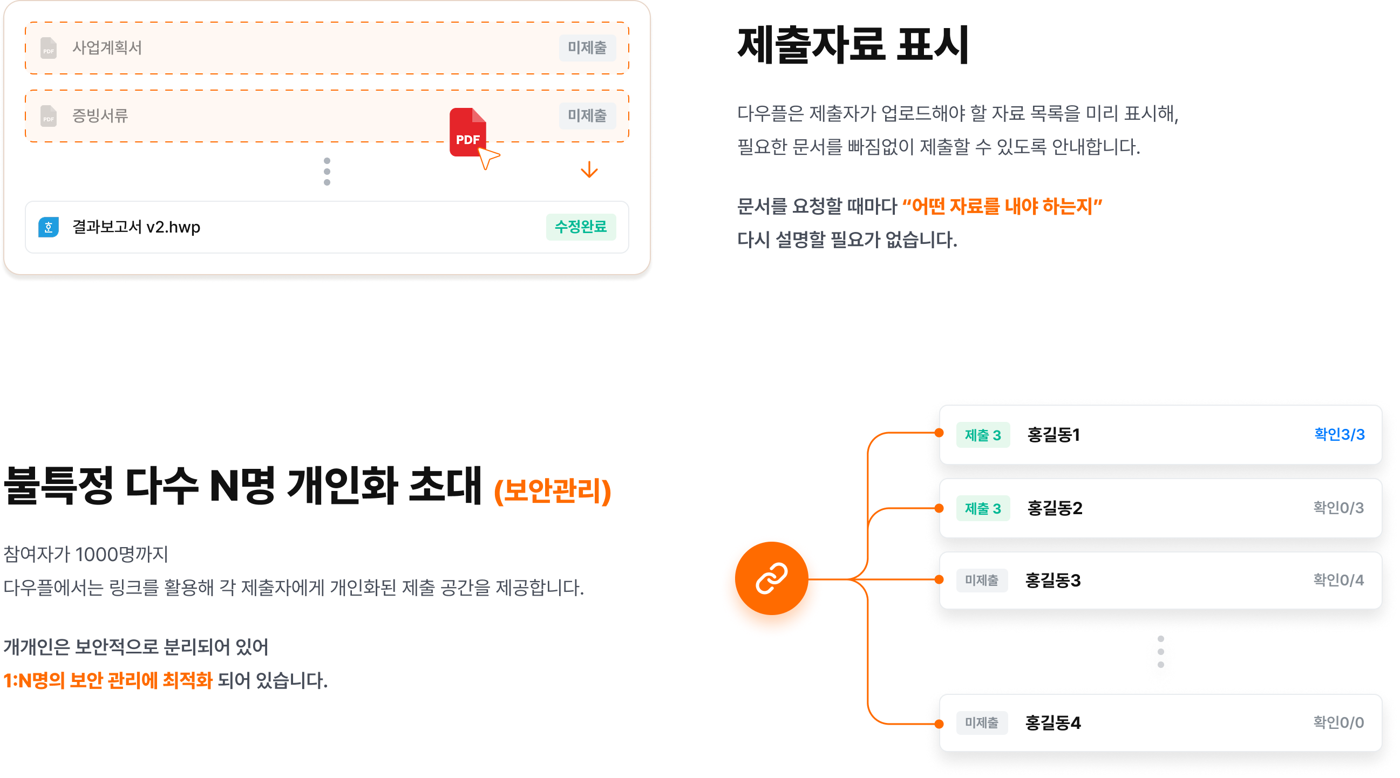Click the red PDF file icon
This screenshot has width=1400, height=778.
(467, 132)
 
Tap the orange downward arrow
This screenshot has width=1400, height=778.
(589, 170)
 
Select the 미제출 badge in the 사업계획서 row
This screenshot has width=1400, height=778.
(587, 48)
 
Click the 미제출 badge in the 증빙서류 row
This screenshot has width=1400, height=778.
(587, 115)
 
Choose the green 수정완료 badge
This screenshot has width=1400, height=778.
(580, 227)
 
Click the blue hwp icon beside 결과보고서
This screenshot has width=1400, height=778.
(49, 227)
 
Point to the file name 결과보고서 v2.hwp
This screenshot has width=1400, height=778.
(137, 227)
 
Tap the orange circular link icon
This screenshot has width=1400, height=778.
(771, 578)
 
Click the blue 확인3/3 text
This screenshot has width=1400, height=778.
(1339, 434)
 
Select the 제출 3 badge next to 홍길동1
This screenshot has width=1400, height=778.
(983, 435)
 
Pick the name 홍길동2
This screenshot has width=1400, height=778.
(1055, 508)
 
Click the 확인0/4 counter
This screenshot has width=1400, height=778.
(1338, 580)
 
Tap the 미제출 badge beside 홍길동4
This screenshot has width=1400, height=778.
(982, 722)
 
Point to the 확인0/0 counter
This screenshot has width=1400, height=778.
(1338, 722)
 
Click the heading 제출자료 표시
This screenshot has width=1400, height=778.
(853, 45)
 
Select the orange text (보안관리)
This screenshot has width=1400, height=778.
(553, 490)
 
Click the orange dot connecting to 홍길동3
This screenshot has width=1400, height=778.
(939, 579)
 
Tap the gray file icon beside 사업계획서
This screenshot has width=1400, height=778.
(49, 48)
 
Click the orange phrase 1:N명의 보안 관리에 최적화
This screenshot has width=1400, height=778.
(107, 680)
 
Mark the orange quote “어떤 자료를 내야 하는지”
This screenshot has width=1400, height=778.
(1002, 206)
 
